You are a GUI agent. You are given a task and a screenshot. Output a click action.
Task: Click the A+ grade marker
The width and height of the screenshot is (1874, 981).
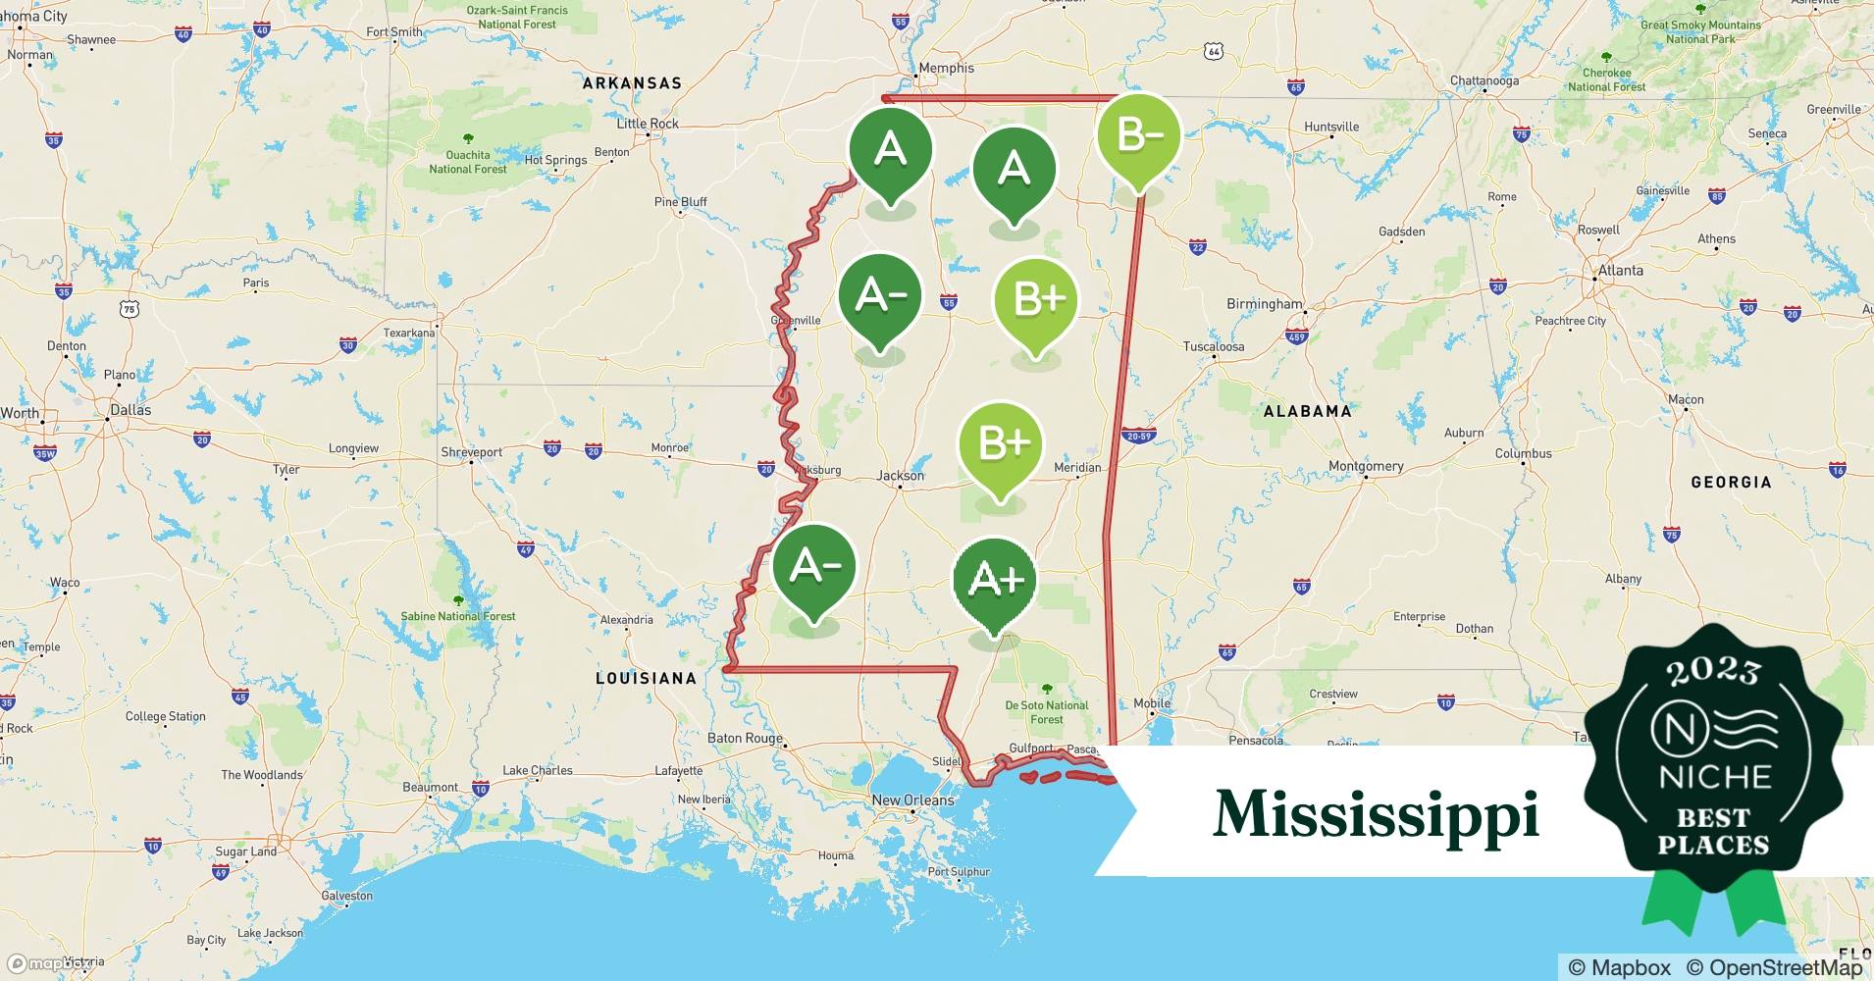coord(995,580)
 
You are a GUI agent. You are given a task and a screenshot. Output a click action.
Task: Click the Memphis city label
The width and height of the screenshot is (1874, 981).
coord(946,68)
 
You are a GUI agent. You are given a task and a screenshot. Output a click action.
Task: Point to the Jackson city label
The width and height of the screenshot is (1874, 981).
coord(900,476)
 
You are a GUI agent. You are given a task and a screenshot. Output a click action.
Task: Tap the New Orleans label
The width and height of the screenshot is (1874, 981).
coord(912,800)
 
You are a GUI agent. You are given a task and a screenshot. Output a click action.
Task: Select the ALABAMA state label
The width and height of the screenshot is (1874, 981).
coord(1307,411)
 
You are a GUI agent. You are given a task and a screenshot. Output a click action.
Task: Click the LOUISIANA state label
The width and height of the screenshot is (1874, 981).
coord(647,678)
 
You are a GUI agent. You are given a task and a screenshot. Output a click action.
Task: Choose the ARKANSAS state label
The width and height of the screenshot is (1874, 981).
coord(632,83)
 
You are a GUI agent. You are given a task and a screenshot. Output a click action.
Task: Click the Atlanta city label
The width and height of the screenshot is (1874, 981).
coord(1620,270)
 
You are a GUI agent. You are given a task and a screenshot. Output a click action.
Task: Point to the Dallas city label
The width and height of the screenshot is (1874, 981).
coord(130,409)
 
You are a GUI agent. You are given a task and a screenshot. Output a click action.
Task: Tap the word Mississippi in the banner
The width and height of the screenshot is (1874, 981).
coord(1376,814)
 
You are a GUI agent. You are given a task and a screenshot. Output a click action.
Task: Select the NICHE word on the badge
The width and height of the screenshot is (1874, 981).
coord(1714,777)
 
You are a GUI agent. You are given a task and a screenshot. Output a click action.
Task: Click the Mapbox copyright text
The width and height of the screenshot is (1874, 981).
coord(1619,967)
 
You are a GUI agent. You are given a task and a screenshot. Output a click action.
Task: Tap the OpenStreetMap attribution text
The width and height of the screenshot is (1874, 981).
coord(1774,967)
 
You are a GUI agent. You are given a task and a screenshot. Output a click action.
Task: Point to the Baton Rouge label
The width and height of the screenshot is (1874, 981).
coord(745,739)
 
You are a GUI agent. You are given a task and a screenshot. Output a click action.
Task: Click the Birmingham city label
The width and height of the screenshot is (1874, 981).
coord(1264,304)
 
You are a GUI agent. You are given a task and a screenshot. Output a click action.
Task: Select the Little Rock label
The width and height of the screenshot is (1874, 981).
coord(647,124)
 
